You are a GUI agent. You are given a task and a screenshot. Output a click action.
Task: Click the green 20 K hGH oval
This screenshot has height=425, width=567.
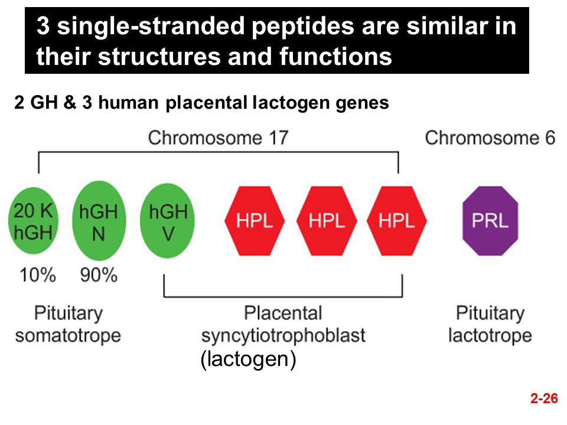[x=33, y=221]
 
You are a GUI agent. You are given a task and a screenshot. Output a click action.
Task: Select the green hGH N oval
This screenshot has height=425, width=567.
[x=99, y=220]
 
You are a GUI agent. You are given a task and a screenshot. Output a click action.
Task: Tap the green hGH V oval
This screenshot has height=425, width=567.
[x=167, y=220]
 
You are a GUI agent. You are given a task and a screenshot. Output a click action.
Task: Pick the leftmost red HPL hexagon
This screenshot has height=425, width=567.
[x=255, y=221]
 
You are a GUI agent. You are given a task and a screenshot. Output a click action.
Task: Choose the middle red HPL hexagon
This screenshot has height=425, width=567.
[x=327, y=221]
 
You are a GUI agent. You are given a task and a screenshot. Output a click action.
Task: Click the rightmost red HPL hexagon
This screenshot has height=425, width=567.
[x=397, y=221]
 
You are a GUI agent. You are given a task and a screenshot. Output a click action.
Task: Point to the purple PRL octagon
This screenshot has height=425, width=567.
[x=490, y=221]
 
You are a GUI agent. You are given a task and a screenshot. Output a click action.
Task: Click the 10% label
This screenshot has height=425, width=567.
[x=38, y=275]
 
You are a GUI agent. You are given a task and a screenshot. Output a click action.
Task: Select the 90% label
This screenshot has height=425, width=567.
[x=99, y=275]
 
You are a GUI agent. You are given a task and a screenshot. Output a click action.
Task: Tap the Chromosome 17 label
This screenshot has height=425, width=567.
[x=219, y=138]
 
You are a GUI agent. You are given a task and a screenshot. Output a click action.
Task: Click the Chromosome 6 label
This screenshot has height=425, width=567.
[x=490, y=138]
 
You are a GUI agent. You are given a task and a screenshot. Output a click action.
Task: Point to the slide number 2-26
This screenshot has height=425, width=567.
[x=544, y=398]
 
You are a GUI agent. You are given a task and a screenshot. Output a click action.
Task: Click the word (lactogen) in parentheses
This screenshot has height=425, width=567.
[x=249, y=359]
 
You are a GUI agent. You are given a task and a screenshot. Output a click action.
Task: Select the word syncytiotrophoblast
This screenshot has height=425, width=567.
[x=283, y=336]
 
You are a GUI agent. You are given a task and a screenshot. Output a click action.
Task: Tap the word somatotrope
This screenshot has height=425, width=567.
[x=68, y=336]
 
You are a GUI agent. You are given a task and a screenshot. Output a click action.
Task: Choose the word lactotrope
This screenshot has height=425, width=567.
[x=490, y=336]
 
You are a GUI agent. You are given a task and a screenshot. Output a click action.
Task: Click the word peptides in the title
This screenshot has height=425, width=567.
[x=302, y=27]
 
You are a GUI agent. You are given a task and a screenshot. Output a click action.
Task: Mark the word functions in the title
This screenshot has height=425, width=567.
[x=335, y=57]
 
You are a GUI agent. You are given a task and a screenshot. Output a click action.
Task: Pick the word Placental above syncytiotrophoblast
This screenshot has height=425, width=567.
[x=283, y=313]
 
